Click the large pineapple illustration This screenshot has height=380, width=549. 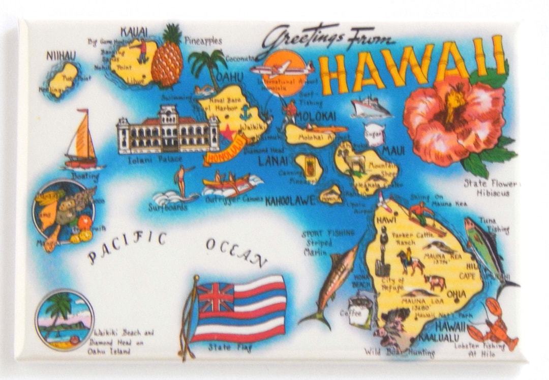tap(167, 59)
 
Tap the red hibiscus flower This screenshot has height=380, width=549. tap(453, 119)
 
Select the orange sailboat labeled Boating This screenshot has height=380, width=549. tap(82, 140)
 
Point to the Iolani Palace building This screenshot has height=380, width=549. tap(167, 130)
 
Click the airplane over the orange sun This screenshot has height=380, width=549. tap(282, 69)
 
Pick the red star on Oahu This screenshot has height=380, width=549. tap(227, 133)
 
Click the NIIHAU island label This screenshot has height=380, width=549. tap(61, 55)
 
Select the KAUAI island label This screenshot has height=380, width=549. tap(134, 32)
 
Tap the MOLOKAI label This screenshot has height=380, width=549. tap(315, 116)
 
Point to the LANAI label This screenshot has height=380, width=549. tap(272, 161)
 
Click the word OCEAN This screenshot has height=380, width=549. tap(236, 251)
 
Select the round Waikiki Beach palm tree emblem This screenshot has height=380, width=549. tap(65, 319)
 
